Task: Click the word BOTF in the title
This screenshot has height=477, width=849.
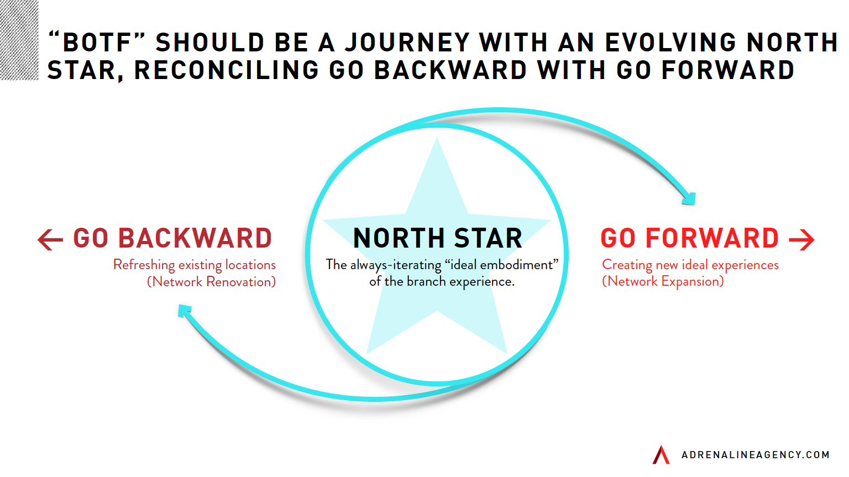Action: point(97,43)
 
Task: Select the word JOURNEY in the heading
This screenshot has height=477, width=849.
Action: point(407,43)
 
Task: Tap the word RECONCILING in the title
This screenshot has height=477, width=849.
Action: point(227,70)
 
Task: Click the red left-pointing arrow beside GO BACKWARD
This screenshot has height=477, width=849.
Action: point(50,239)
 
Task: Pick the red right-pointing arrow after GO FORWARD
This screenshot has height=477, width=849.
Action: point(801,239)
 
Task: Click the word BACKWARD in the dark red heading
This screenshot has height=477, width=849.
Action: point(195,239)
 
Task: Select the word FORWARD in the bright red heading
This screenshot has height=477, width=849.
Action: point(712,239)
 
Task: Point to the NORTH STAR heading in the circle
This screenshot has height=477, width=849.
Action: point(437,239)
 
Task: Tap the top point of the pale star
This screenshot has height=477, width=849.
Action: point(437,141)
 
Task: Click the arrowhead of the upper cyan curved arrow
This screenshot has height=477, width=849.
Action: point(689,198)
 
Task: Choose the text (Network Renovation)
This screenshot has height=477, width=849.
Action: point(211,282)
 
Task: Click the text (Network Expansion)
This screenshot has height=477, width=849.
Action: point(663,281)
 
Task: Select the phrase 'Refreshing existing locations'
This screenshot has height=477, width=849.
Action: point(195,265)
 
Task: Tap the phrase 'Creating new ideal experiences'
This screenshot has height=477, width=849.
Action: point(690,265)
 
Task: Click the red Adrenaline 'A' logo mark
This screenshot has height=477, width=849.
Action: point(661,454)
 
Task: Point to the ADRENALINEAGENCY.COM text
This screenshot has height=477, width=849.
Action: point(755,455)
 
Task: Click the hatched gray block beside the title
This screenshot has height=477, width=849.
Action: point(19,40)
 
